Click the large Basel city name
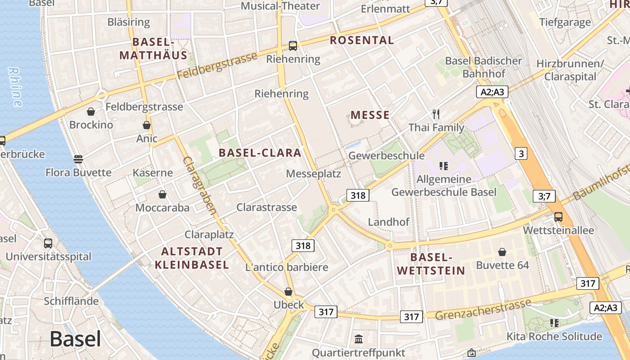75,338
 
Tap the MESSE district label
370,115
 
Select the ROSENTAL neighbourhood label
362,40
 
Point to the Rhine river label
15,87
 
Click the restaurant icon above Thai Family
436,114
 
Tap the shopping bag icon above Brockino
91,111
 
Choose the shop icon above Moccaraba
162,194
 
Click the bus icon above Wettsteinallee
558,216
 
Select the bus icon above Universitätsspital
48,243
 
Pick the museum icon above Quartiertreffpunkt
359,339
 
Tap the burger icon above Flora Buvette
78,159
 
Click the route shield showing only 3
521,154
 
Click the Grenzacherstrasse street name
483,310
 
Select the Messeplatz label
314,174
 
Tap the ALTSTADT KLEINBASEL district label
192,258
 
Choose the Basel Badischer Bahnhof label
484,67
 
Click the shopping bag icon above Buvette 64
502,252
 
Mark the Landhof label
389,222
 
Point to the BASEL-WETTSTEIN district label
431,264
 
